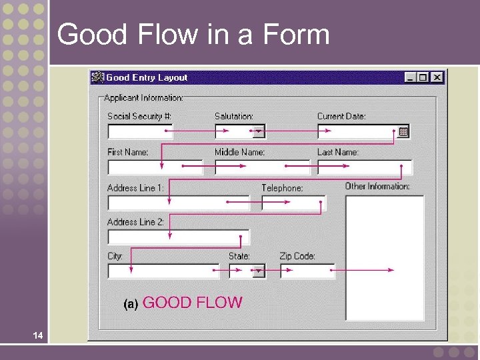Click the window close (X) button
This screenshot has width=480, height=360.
437,77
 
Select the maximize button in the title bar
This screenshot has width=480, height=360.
423,77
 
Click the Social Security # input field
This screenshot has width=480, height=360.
140,131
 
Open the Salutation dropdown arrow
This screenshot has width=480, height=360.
259,131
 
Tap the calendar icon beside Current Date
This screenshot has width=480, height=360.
403,131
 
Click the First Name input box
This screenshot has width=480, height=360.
155,167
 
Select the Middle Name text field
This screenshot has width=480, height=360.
262,167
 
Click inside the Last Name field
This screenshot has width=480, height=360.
364,167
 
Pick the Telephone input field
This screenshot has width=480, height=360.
293,203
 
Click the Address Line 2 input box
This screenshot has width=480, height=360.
178,237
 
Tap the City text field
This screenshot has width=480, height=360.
163,271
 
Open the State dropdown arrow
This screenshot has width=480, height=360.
259,271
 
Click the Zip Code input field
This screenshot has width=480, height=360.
307,271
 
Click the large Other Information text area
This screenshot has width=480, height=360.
384,257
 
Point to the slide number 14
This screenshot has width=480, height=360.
39,337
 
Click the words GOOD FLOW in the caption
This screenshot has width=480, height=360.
193,303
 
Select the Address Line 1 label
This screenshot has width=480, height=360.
135,188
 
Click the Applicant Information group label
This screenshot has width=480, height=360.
143,98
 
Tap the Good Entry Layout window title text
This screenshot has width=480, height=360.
147,77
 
